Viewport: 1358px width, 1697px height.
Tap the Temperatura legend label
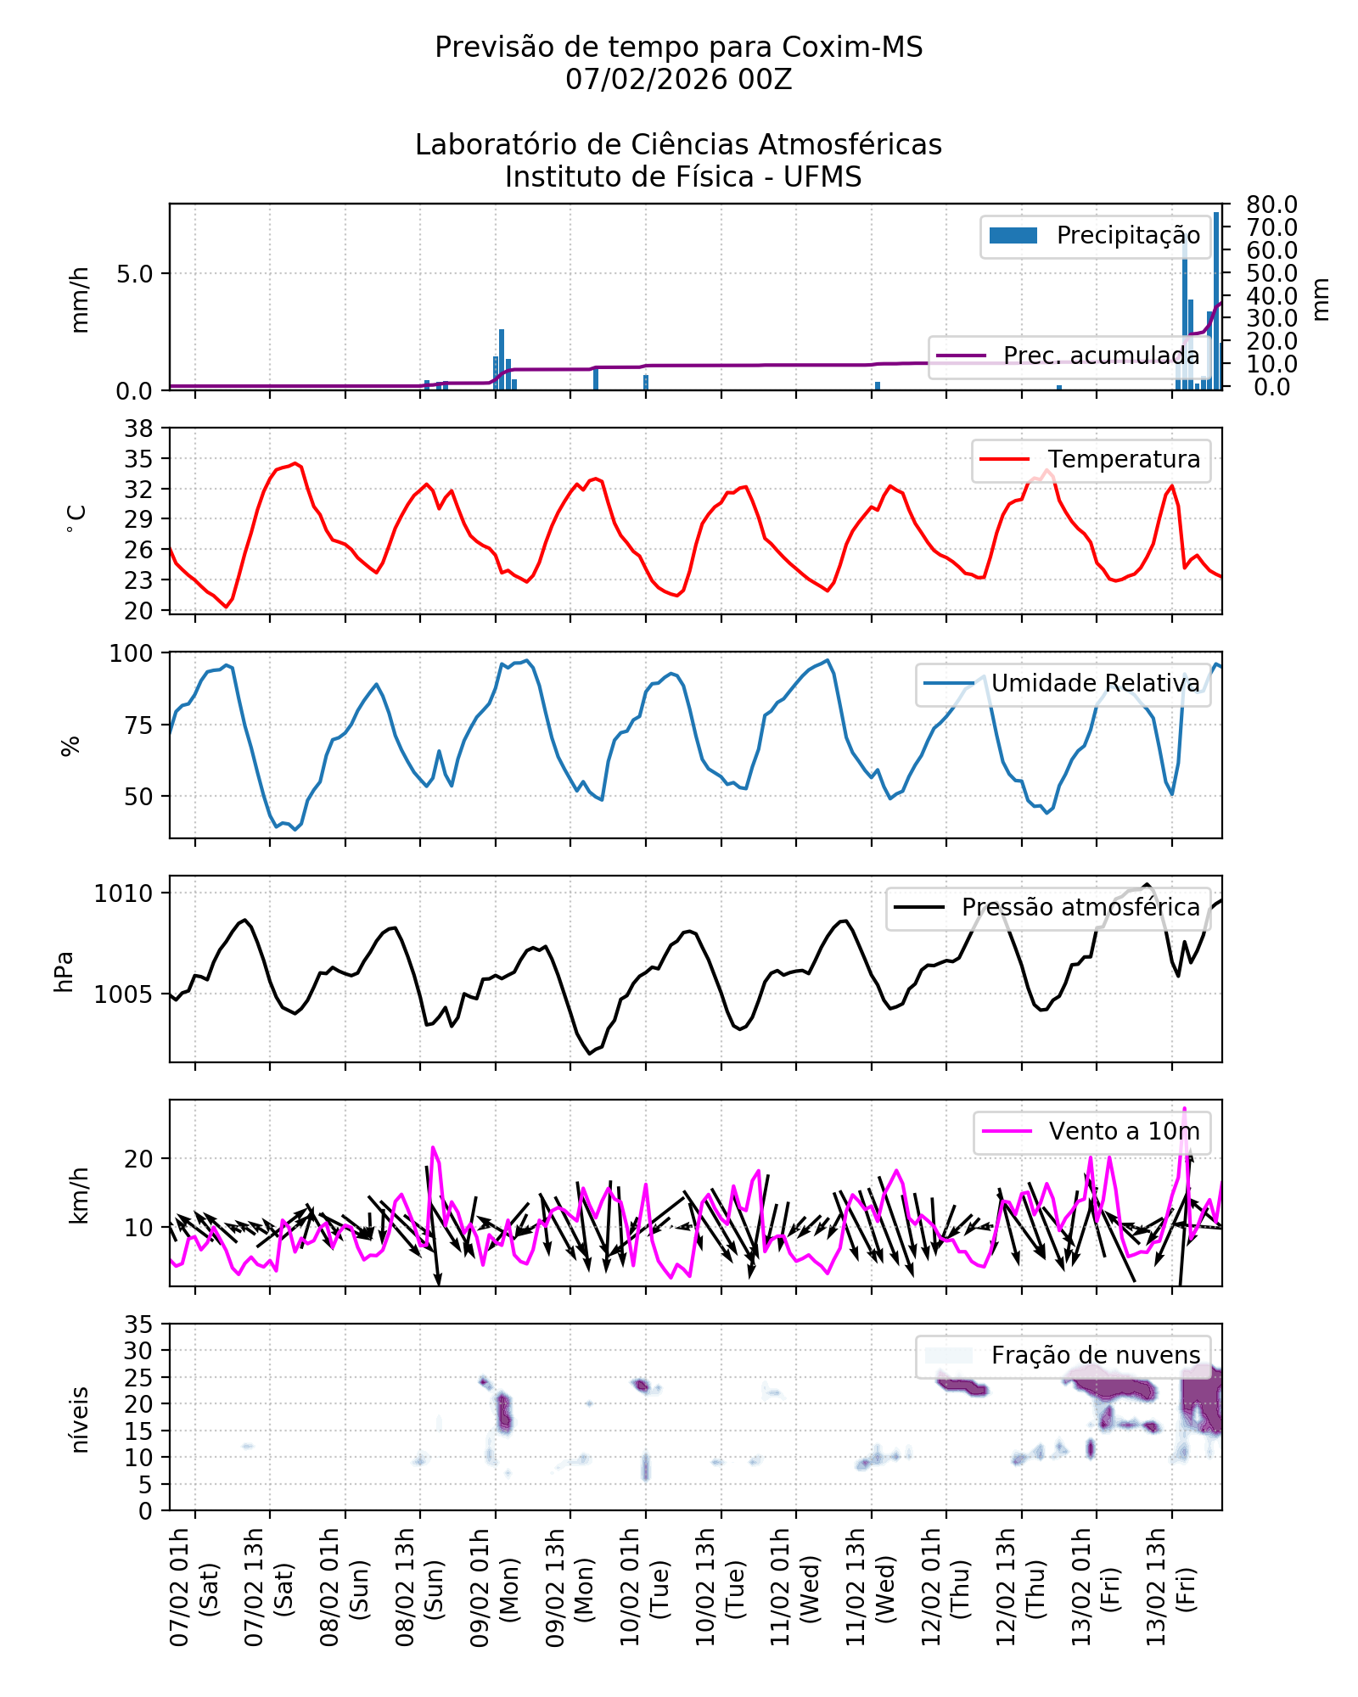[x=1123, y=460]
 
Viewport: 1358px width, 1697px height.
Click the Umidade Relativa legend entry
[x=1095, y=684]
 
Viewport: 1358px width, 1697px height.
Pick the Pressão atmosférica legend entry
[x=1080, y=908]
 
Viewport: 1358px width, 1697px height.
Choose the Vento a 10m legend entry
[x=1124, y=1132]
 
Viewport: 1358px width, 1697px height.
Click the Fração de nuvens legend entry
[x=1095, y=1356]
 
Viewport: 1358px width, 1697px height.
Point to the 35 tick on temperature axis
[x=139, y=459]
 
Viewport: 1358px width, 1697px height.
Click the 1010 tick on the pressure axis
[x=124, y=893]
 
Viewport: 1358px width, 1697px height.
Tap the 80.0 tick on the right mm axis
[x=1271, y=204]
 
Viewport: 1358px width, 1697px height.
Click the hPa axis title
[x=64, y=972]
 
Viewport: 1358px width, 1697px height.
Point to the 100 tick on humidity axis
[x=131, y=653]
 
